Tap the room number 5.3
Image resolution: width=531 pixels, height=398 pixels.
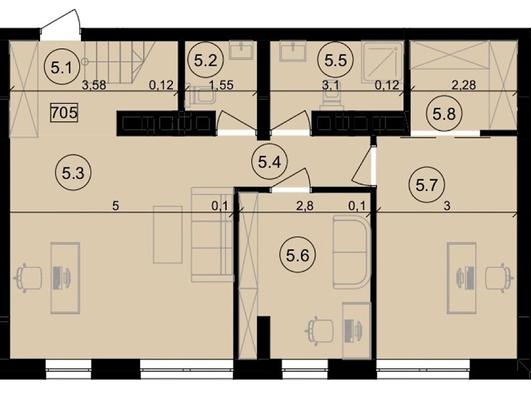(73, 172)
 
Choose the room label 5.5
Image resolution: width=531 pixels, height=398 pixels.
(335, 60)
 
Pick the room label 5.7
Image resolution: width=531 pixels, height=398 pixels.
(427, 185)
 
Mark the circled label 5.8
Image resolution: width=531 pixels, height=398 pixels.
(444, 114)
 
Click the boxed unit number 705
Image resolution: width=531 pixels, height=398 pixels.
(64, 113)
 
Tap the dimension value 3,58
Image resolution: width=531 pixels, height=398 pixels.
(94, 85)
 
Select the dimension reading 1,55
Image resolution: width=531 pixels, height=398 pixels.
(221, 85)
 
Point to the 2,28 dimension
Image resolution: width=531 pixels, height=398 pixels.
(464, 85)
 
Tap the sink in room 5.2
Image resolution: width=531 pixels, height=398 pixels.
(241, 50)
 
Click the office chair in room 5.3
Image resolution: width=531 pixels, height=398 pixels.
(27, 278)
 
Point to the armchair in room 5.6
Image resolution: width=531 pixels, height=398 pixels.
(352, 252)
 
